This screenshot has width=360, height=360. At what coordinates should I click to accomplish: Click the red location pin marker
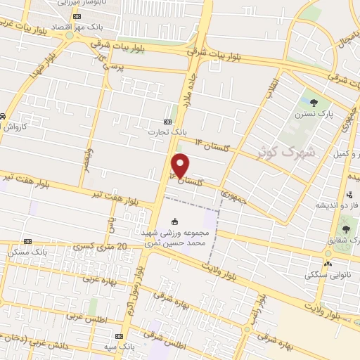[181, 165]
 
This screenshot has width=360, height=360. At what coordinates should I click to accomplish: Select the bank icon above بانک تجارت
[167, 120]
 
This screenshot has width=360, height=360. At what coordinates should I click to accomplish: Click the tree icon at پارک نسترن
[314, 103]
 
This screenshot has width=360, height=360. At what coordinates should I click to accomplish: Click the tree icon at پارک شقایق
[345, 229]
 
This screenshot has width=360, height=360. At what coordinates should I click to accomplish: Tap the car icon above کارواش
[4, 115]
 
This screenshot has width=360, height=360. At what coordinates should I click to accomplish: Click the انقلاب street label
[273, 88]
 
